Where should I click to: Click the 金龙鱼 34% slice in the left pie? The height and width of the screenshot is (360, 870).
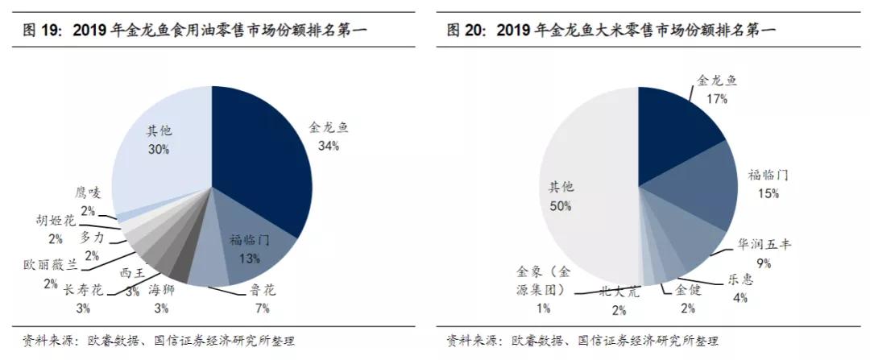point(262,161)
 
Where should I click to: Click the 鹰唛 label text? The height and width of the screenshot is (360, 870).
point(89,192)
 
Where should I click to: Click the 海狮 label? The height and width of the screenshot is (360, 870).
point(161,290)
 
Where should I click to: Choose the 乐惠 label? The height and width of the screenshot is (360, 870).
point(740,279)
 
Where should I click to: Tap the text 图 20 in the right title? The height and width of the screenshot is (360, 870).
point(470,31)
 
